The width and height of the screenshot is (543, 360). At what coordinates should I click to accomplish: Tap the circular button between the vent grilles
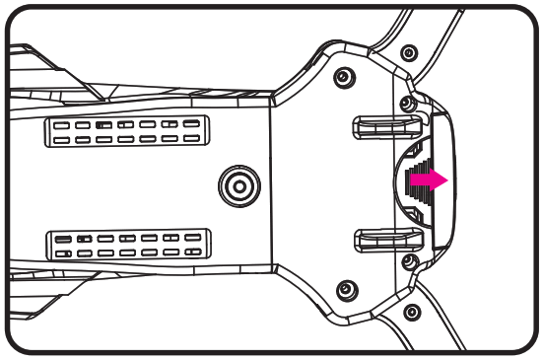(x=237, y=183)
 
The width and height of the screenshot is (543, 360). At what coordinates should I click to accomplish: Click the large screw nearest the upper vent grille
(x=342, y=77)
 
